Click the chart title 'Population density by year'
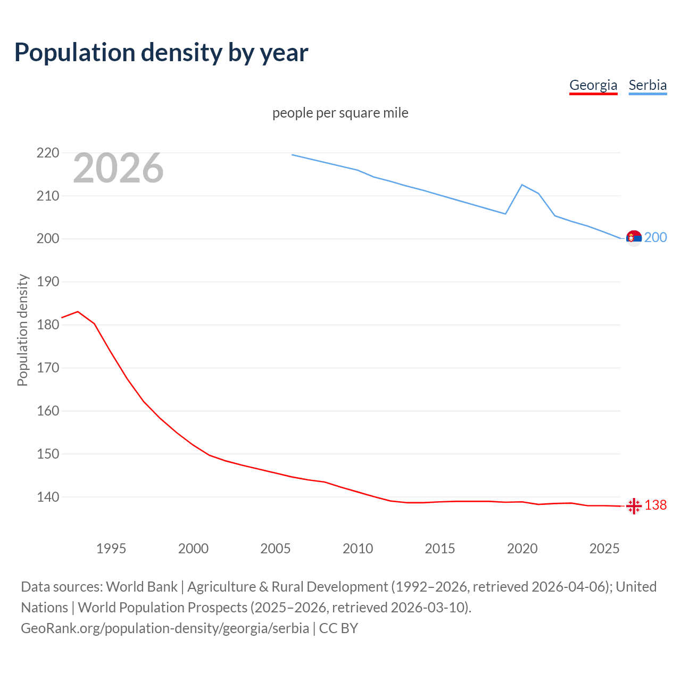pyautogui.click(x=161, y=53)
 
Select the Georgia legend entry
pyautogui.click(x=593, y=85)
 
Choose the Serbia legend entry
pyautogui.click(x=647, y=85)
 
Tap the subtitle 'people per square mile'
pyautogui.click(x=340, y=113)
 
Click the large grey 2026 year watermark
pyautogui.click(x=118, y=168)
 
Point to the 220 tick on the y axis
pyautogui.click(x=48, y=153)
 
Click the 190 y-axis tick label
pyautogui.click(x=48, y=282)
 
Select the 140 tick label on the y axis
pyautogui.click(x=48, y=497)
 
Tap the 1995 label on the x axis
pyautogui.click(x=111, y=549)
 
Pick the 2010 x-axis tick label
pyautogui.click(x=358, y=549)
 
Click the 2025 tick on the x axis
pyautogui.click(x=604, y=549)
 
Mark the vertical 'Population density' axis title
pyautogui.click(x=22, y=330)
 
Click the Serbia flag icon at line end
pyautogui.click(x=634, y=238)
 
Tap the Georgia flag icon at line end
pyautogui.click(x=634, y=506)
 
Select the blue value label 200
pyautogui.click(x=655, y=238)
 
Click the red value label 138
pyautogui.click(x=655, y=505)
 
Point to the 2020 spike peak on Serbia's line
pyautogui.click(x=522, y=185)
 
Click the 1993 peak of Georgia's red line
pyautogui.click(x=78, y=312)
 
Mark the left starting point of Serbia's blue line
pyautogui.click(x=292, y=155)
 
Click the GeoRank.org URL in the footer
pyautogui.click(x=165, y=628)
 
